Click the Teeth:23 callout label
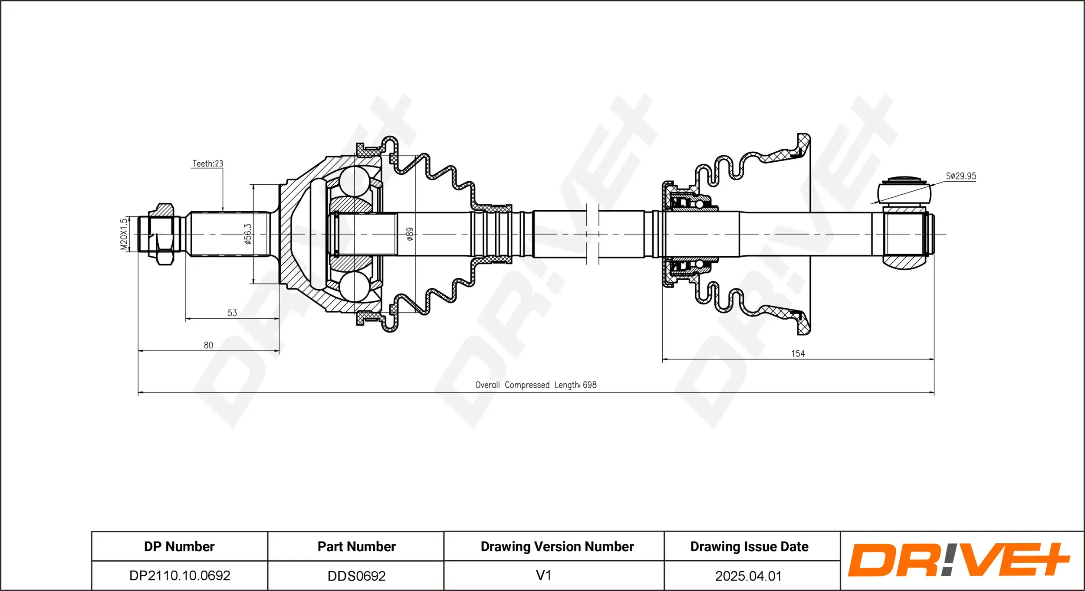207,163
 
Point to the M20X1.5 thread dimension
124,234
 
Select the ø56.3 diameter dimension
248,234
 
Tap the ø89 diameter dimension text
409,234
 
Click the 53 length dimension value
232,313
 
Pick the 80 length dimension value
208,345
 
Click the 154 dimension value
798,353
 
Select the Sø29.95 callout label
961,176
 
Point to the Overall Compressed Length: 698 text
536,385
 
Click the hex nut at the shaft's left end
164,234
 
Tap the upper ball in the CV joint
354,181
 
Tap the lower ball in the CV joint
354,287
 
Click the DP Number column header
179,546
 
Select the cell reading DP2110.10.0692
180,575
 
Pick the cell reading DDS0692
356,576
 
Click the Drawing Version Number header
557,546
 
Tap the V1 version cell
543,575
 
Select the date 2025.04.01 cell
748,576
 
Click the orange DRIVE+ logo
958,560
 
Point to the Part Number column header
356,546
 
